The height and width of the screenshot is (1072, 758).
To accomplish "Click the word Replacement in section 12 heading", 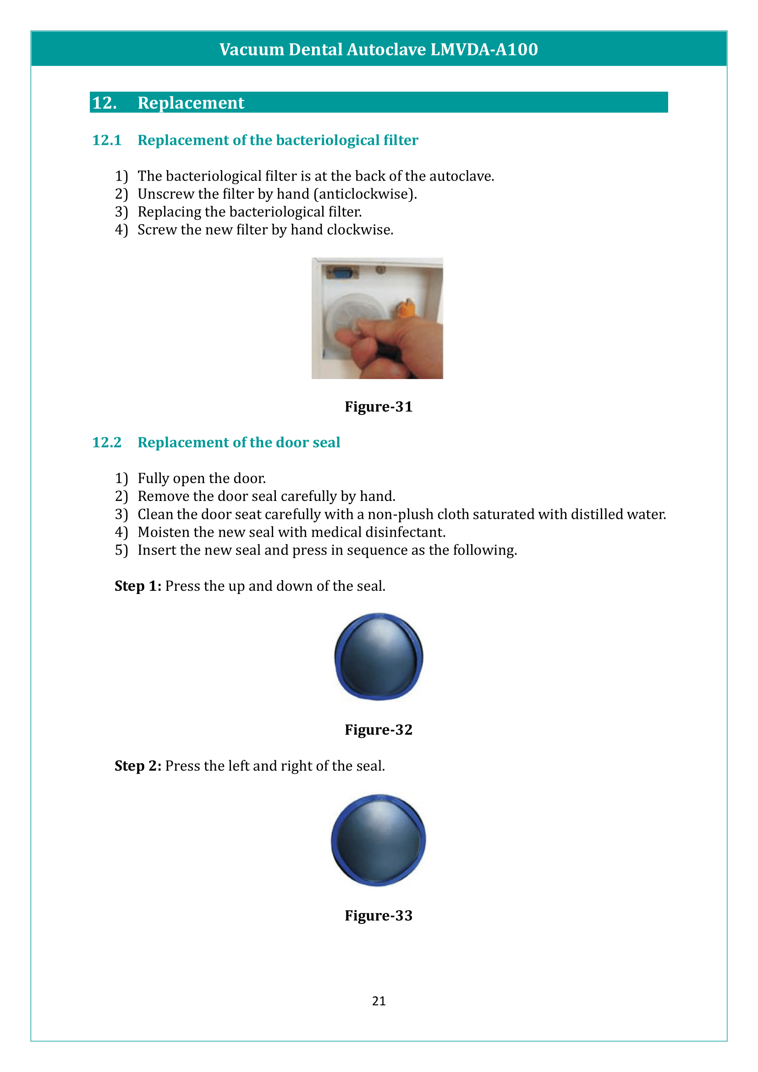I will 191,103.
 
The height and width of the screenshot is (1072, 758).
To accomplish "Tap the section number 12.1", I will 106,140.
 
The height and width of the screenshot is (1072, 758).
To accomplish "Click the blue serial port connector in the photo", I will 342,273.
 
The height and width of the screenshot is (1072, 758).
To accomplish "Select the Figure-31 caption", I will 378,407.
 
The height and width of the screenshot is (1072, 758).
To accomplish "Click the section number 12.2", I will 106,442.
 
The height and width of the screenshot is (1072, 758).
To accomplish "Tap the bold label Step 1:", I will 137,586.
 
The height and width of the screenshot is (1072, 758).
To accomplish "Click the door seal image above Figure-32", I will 379,656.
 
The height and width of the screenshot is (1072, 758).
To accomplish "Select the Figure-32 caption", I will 378,730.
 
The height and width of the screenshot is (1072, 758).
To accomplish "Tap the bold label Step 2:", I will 137,766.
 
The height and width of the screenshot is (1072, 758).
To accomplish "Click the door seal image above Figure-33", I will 379,840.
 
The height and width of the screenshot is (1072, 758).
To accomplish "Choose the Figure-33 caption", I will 378,915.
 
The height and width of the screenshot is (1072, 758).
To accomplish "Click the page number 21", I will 379,1001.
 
